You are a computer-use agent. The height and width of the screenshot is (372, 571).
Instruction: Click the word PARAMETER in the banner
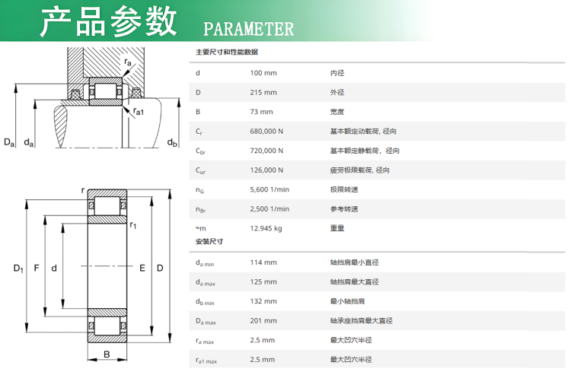(x=248, y=29)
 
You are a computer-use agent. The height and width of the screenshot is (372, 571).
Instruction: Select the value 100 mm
(x=263, y=73)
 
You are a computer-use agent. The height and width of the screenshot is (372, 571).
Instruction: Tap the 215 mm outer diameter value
(x=263, y=93)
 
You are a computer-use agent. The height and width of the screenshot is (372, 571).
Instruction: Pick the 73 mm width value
(x=261, y=112)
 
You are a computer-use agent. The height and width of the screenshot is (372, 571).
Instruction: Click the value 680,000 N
(x=266, y=132)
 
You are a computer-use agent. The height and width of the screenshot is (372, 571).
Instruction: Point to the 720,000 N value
(x=266, y=151)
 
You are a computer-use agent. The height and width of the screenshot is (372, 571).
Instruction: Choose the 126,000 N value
(x=266, y=170)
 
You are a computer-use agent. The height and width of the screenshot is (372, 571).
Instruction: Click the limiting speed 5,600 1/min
(x=270, y=189)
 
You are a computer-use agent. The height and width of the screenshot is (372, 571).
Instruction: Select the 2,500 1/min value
(x=270, y=209)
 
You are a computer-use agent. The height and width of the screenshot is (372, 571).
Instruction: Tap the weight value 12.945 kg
(x=266, y=228)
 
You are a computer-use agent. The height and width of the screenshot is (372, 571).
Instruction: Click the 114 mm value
(x=263, y=262)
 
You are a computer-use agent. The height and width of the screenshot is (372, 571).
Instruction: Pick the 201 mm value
(x=263, y=321)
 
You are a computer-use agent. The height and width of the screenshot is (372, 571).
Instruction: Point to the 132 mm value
(x=263, y=301)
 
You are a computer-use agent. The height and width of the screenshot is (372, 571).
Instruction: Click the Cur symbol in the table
(x=200, y=170)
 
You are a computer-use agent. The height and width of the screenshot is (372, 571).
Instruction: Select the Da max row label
(x=206, y=321)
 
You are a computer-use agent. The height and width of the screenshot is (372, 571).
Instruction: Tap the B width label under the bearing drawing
(x=107, y=355)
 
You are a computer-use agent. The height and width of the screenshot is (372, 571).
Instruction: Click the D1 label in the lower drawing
(x=18, y=269)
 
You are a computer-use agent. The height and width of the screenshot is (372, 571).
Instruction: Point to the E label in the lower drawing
(x=142, y=269)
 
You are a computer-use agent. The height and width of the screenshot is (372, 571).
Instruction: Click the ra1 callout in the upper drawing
(x=139, y=111)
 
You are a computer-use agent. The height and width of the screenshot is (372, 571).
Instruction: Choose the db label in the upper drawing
(x=172, y=143)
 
